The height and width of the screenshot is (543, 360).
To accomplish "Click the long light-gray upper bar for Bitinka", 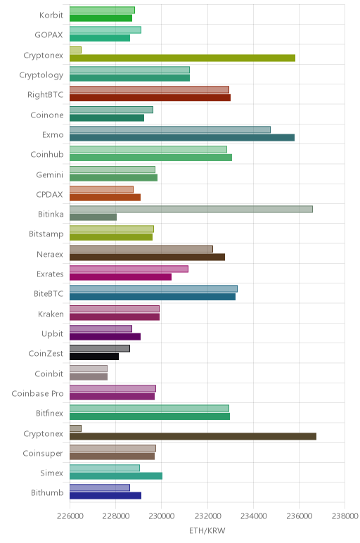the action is click(191, 209).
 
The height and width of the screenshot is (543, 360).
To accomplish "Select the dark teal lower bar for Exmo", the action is click(182, 138).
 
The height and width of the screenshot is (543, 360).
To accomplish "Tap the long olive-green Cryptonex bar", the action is click(182, 58).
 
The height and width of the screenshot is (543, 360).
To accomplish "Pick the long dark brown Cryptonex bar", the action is click(193, 436).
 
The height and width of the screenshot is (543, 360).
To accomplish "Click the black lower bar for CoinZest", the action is click(94, 357).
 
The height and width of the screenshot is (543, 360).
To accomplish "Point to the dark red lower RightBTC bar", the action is click(150, 98).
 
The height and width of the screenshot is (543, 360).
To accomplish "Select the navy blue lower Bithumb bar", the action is click(105, 496).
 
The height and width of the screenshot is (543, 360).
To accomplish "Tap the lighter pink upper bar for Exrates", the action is click(129, 269).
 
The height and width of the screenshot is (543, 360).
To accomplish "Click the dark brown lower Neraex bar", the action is click(147, 257).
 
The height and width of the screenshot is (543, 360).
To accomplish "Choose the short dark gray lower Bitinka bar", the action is click(93, 217).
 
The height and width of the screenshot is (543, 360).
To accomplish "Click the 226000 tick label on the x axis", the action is click(70, 516).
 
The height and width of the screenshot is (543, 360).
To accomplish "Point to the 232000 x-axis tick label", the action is click(207, 516).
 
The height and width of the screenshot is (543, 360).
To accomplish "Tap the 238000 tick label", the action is click(345, 516).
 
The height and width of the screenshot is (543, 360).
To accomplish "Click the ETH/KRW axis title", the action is click(207, 530).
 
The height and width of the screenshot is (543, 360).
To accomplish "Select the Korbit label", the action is click(51, 15).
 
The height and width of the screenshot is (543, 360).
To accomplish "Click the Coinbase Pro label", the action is click(37, 393).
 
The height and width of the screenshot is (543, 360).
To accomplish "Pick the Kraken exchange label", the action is click(51, 314).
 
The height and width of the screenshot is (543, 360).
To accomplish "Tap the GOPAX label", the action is click(49, 34).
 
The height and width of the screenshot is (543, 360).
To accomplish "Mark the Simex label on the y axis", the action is click(51, 473).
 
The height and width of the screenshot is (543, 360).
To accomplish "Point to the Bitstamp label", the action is click(46, 234).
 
